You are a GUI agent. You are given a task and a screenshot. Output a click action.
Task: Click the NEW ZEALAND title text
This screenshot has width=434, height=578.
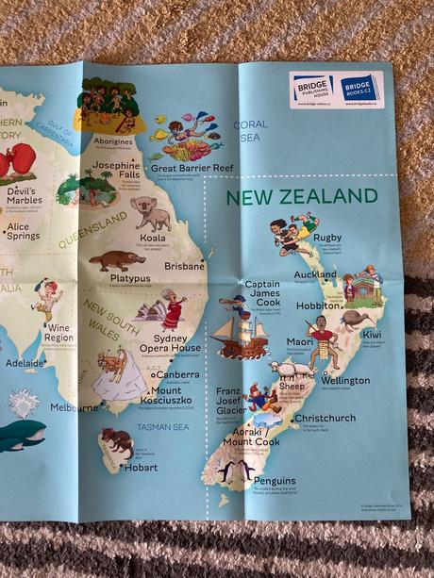[301, 197]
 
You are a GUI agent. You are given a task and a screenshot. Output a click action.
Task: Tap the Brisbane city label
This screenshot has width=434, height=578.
[184, 267]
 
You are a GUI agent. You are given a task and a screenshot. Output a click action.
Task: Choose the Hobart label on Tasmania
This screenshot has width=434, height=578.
[140, 467]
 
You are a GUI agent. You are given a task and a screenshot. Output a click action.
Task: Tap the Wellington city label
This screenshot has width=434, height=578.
[344, 381]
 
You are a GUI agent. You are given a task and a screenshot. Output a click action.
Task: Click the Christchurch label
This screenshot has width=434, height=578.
[324, 418]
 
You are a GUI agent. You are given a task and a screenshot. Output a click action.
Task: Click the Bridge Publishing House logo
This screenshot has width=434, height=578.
[312, 88]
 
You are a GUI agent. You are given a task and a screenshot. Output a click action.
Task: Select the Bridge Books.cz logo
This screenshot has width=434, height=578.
[359, 88]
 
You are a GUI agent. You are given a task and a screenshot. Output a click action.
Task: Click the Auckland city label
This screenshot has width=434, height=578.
[314, 275]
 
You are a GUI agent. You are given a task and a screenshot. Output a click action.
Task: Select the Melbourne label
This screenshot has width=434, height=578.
[74, 407]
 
